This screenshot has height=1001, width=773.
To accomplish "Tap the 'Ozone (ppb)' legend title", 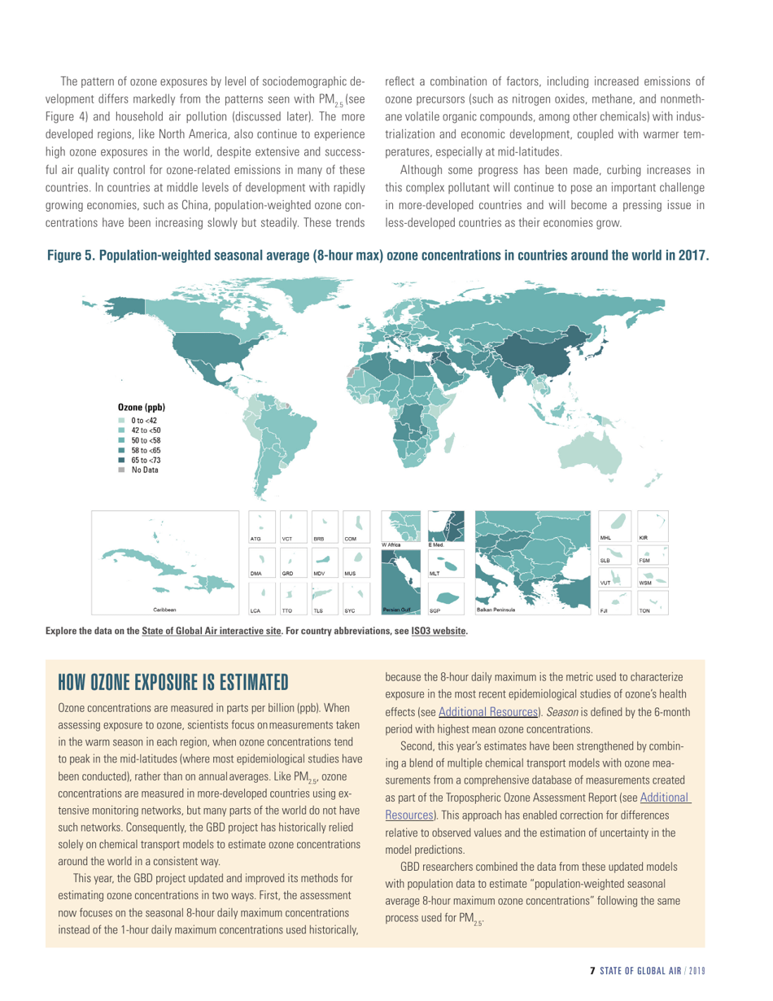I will tap(144, 406).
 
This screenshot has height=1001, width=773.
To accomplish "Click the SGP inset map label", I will tap(435, 608).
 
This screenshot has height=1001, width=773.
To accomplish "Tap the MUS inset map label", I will tap(350, 574).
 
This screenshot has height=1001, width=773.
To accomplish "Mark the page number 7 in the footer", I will tap(593, 971).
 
